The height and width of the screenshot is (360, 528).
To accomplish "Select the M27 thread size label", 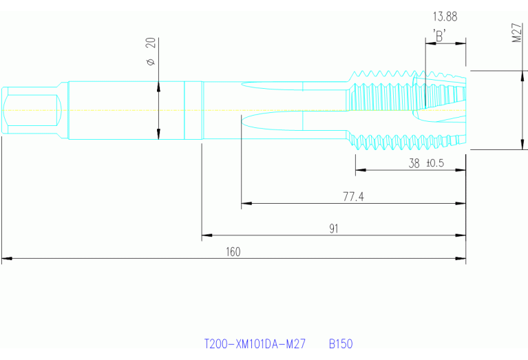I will click(516, 34).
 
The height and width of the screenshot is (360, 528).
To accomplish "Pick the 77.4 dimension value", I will click(353, 197).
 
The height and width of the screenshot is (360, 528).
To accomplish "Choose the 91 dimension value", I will click(334, 229).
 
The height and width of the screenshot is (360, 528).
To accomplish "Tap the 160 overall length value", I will click(233, 252).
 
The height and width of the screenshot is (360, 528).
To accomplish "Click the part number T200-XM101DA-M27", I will click(255, 343).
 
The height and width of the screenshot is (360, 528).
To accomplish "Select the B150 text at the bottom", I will click(341, 343).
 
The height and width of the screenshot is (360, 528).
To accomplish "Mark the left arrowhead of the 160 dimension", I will click(6, 260).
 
